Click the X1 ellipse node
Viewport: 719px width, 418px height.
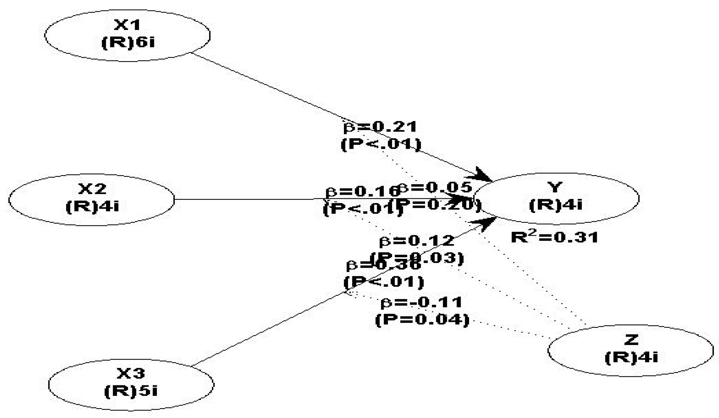point(127,35)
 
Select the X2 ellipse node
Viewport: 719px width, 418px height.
point(91,200)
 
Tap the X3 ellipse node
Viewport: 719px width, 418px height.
point(131,385)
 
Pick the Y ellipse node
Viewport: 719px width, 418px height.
point(555,199)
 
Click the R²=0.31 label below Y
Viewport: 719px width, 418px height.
point(554,237)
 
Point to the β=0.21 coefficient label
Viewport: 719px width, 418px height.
point(380,127)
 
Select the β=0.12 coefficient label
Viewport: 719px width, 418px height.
point(416,241)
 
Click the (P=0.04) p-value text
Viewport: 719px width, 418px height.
point(422,320)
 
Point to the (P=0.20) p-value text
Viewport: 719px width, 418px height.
point(437,204)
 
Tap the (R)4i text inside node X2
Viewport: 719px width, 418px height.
point(92,206)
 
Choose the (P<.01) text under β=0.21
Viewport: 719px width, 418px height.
point(381,144)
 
